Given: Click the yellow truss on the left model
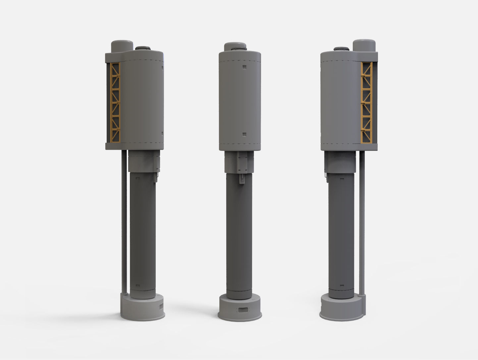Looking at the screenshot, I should click(x=115, y=102).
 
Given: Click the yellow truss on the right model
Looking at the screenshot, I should click(x=367, y=102).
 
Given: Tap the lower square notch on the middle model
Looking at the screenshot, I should click(x=244, y=135).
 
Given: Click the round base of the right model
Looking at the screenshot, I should click(x=341, y=308).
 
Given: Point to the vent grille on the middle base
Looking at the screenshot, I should click(x=241, y=310).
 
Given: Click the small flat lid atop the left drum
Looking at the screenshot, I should click(x=143, y=48).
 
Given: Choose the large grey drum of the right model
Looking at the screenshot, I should click(x=340, y=99).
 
